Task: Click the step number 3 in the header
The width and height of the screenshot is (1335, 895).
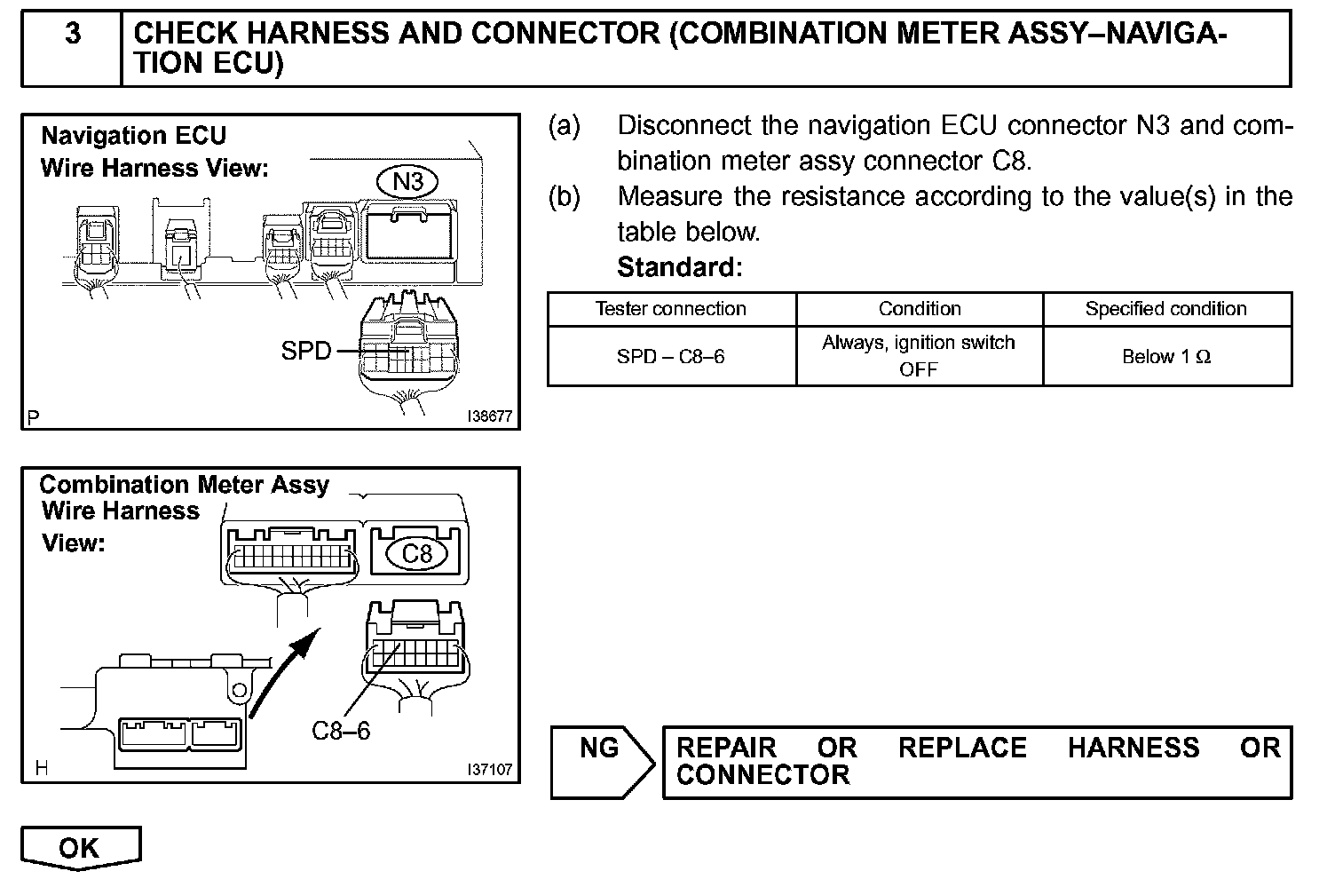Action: click(73, 34)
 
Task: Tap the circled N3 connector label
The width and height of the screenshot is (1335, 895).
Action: click(408, 182)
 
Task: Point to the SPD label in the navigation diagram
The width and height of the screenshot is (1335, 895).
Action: click(305, 352)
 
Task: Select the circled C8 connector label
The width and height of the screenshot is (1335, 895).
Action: click(416, 554)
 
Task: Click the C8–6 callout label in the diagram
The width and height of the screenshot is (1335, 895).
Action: click(341, 731)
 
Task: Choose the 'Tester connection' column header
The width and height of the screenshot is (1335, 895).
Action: click(670, 309)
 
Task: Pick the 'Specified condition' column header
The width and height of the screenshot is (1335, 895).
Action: click(1165, 309)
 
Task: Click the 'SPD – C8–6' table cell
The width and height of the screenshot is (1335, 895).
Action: click(670, 357)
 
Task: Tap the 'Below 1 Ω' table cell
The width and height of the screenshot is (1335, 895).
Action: click(1165, 357)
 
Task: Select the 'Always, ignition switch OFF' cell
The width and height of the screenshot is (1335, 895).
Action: click(918, 356)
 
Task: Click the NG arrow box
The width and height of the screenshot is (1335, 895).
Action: click(601, 760)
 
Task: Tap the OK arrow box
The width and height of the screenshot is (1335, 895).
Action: click(80, 848)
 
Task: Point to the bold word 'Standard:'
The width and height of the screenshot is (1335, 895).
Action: click(679, 266)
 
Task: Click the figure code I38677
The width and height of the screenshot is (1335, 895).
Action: click(489, 416)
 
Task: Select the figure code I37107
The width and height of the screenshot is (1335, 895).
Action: click(489, 770)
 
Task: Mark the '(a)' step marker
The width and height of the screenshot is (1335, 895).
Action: click(565, 126)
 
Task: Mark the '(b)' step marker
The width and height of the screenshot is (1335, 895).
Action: click(565, 196)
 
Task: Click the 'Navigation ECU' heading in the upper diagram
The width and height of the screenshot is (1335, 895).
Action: click(134, 136)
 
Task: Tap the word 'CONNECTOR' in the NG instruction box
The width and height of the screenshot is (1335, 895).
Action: click(762, 775)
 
